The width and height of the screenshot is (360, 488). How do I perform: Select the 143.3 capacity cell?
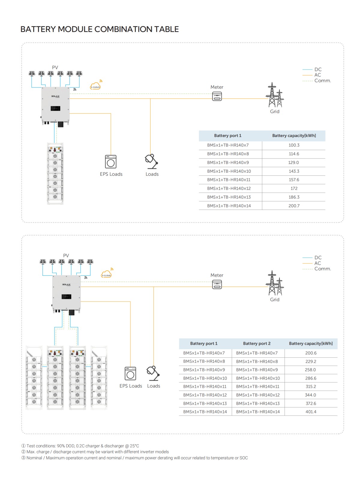[294, 171]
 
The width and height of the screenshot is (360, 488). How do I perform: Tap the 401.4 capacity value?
[310, 412]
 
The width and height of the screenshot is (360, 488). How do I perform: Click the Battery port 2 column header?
[256, 344]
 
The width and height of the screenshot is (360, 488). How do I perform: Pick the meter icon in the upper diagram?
[217, 97]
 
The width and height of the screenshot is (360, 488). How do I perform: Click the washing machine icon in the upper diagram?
[111, 162]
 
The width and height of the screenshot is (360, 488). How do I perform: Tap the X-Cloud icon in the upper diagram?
[95, 87]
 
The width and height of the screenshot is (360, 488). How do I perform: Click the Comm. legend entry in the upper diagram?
[322, 81]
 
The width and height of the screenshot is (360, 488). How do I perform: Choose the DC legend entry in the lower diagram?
[318, 257]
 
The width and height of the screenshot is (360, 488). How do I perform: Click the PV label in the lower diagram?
[66, 255]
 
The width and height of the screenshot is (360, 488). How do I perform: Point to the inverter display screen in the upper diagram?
[55, 109]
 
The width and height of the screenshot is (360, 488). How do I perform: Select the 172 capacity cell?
[294, 188]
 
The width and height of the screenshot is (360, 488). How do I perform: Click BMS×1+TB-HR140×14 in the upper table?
[229, 206]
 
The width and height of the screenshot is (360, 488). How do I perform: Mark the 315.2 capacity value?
[310, 386]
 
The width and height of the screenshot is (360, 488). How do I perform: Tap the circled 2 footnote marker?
[23, 452]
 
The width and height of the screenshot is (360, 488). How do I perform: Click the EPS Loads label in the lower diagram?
[130, 386]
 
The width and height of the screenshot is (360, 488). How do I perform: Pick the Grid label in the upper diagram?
[274, 111]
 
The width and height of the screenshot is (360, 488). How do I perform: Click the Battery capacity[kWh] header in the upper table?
[294, 135]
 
